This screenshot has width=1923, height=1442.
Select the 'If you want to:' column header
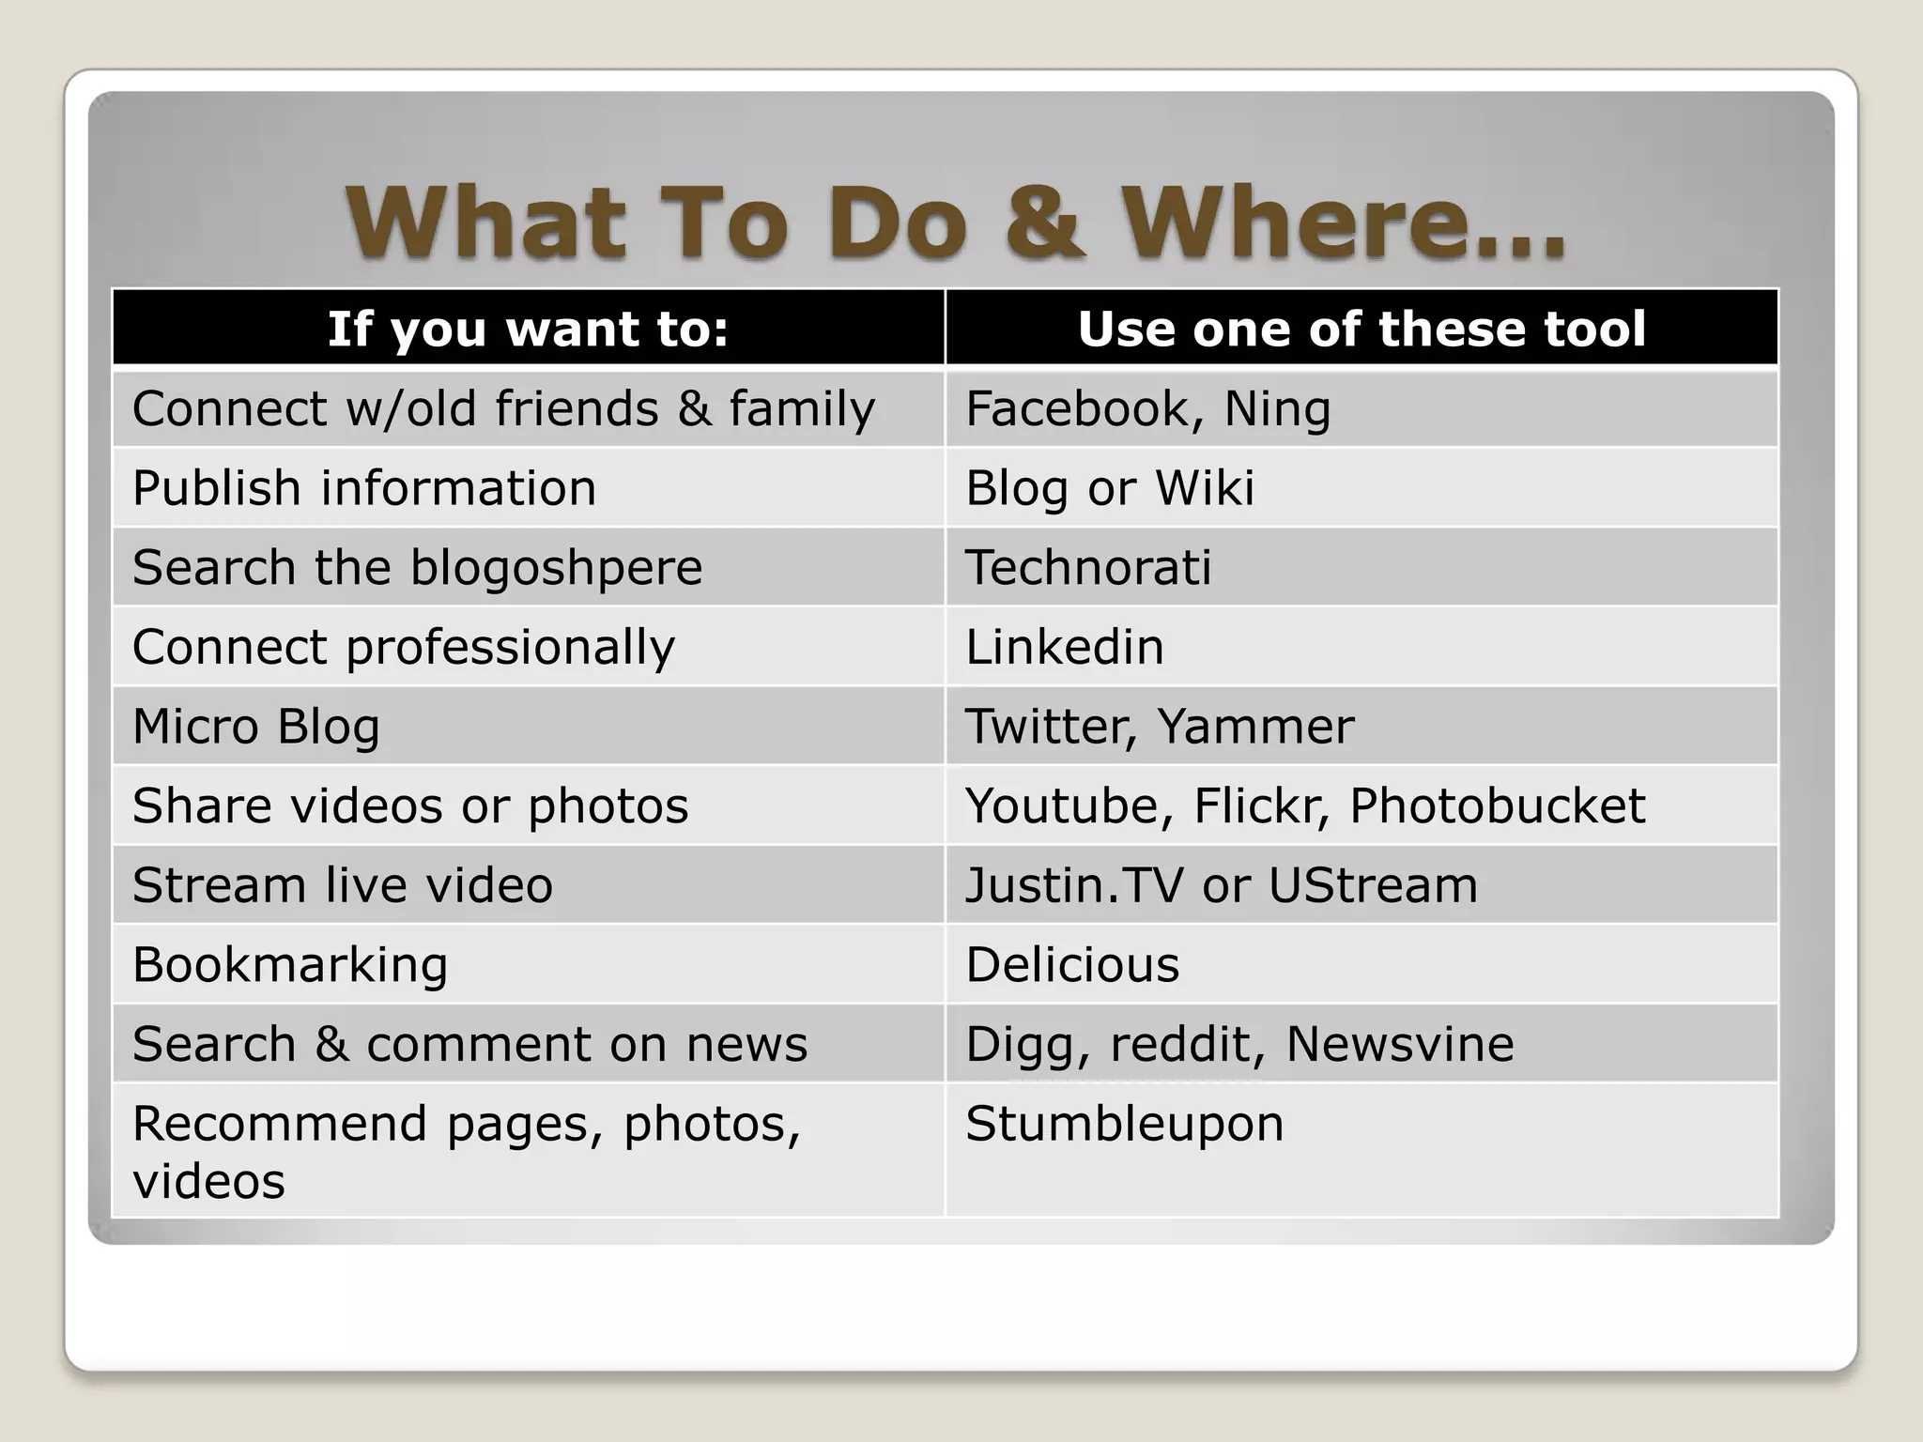click(528, 329)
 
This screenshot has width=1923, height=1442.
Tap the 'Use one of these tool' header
click(1361, 329)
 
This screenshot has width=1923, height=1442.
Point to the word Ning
click(1277, 409)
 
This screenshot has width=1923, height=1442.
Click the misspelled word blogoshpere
click(556, 569)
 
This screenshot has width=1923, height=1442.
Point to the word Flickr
click(1259, 806)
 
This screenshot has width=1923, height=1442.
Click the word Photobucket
click(1497, 806)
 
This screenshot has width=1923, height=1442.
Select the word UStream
click(1372, 885)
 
